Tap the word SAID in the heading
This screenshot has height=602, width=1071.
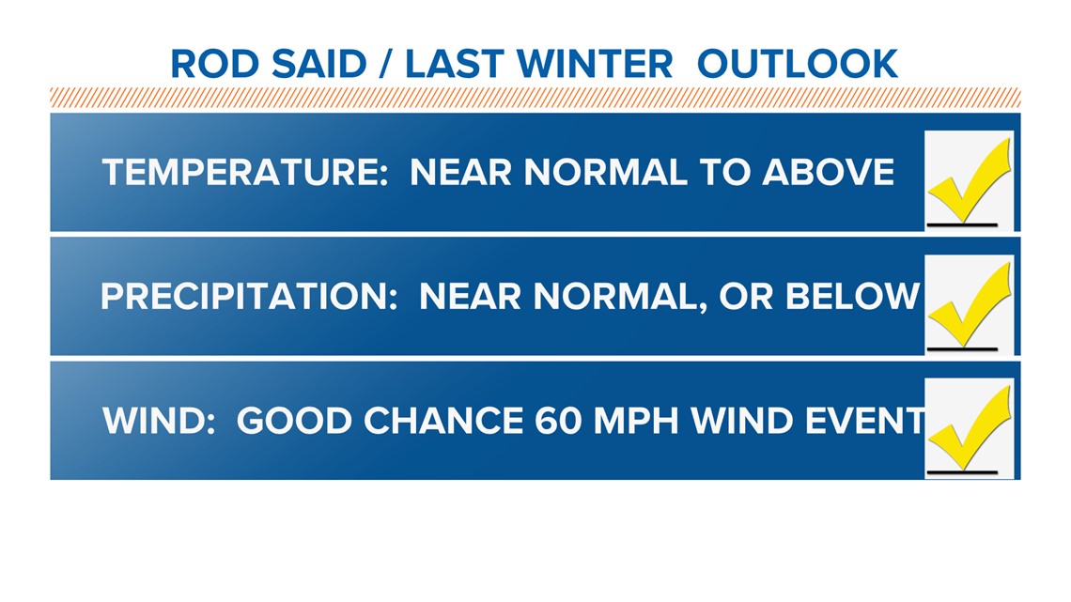[319, 64]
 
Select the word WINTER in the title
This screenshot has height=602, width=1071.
[595, 64]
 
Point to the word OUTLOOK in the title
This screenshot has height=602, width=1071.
[797, 64]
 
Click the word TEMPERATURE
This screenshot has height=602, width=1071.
[245, 172]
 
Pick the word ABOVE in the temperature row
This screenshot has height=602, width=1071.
[828, 172]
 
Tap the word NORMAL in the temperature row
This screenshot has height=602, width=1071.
[606, 172]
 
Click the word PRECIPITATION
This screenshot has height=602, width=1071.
[249, 297]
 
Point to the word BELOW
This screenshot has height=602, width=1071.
[852, 297]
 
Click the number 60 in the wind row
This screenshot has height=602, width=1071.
[558, 421]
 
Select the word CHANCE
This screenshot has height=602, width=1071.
[443, 421]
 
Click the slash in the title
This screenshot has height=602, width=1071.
[386, 64]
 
